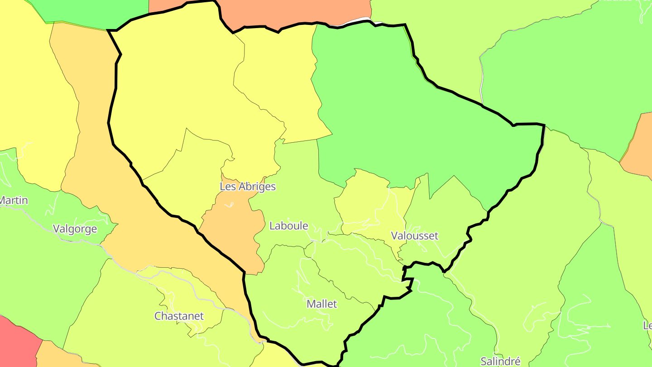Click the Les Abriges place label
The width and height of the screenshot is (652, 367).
(x=248, y=186)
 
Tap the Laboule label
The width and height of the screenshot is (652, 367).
(x=288, y=226)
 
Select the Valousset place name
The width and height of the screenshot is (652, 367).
(x=415, y=236)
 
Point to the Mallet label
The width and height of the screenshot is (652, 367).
(x=322, y=304)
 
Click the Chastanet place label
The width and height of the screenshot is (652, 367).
(x=179, y=316)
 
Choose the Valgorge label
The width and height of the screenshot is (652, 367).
(x=75, y=229)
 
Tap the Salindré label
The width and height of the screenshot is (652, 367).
(x=500, y=361)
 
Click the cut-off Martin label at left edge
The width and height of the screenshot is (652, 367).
(x=14, y=200)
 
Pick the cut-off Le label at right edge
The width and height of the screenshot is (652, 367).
(x=647, y=325)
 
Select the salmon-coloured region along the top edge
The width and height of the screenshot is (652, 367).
(x=294, y=11)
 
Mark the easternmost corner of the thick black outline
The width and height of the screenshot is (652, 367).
(x=544, y=125)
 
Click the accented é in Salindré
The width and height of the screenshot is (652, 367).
(x=518, y=361)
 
